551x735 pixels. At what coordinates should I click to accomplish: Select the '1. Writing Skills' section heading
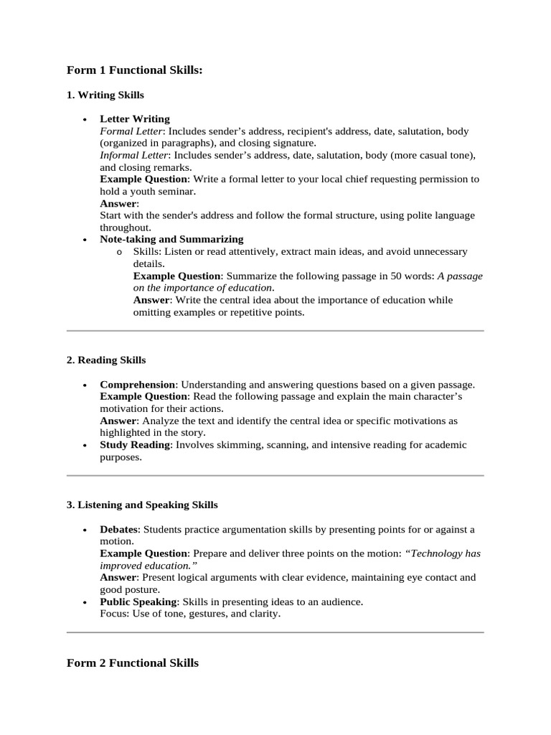(105, 95)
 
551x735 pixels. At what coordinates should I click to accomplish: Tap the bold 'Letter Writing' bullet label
(135, 119)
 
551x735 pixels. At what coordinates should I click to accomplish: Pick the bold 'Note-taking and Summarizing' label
(171, 239)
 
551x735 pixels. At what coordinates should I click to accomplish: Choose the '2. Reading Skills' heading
(106, 360)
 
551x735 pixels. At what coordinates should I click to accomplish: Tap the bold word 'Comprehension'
(137, 385)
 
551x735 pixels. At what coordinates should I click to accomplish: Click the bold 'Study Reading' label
(135, 445)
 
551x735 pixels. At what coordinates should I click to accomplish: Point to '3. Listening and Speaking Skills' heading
(142, 505)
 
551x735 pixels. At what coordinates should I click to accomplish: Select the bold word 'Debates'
(118, 530)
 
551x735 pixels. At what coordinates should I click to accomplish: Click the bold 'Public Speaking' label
(138, 602)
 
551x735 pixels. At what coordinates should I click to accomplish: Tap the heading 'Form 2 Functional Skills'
(133, 663)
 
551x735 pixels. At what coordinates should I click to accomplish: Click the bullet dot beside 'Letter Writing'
(85, 120)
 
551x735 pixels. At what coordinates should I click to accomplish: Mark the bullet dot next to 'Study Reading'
(85, 446)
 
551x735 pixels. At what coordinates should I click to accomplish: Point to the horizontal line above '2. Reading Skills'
(275, 331)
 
